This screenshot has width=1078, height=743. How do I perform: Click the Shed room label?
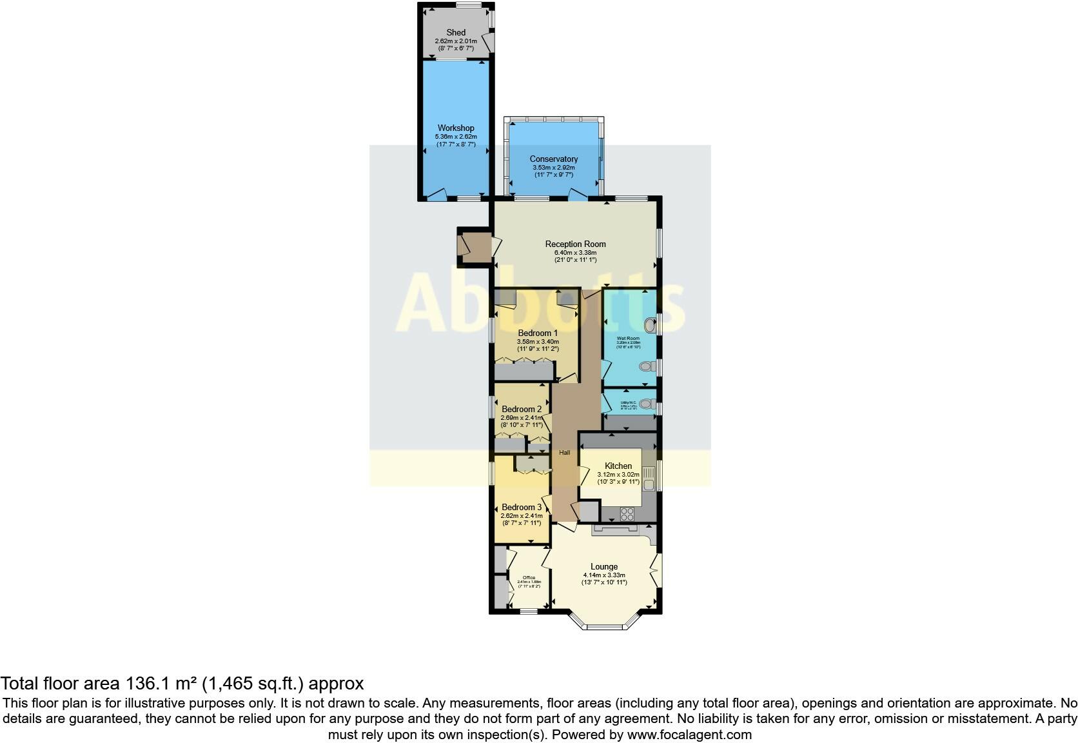tap(456, 32)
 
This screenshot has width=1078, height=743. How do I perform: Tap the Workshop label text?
tap(456, 128)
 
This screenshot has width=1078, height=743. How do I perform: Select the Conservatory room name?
tap(553, 159)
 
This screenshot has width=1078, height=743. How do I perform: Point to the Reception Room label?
tap(575, 244)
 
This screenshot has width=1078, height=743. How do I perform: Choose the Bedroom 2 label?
tap(522, 409)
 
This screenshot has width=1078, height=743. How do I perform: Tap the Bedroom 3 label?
tap(522, 507)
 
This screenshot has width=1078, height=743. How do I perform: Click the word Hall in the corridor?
tap(565, 453)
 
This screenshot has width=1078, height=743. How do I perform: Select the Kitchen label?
tap(618, 466)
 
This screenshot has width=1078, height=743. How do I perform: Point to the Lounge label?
tap(604, 567)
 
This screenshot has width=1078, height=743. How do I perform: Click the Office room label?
tap(529, 577)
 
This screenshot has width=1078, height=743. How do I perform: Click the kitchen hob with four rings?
tap(627, 514)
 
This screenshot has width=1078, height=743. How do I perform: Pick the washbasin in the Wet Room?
tap(649, 324)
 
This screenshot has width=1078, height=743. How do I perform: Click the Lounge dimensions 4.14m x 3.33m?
tap(604, 575)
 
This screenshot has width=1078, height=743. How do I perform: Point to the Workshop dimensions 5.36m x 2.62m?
tap(456, 137)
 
